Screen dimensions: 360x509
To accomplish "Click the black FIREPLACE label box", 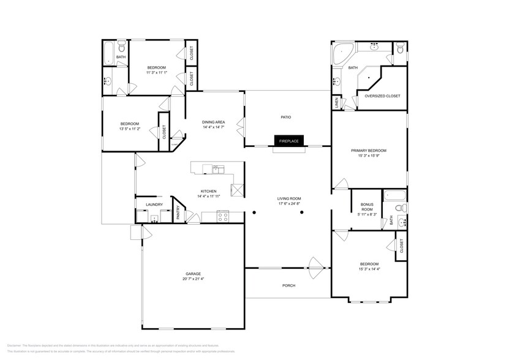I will click(x=289, y=141).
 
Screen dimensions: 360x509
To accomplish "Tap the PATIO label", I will click(x=285, y=117).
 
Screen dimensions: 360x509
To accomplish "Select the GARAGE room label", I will click(x=194, y=274).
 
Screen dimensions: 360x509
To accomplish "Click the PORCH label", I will click(x=288, y=285).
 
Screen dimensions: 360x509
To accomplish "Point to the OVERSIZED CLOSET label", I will click(x=382, y=96).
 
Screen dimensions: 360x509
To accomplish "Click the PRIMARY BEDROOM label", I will click(x=369, y=151).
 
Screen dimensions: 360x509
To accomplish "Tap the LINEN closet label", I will click(x=337, y=105).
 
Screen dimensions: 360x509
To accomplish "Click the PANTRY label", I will click(x=178, y=212).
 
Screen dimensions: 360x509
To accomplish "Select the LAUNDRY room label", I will click(x=153, y=204).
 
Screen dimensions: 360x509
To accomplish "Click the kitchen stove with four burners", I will click(x=223, y=215).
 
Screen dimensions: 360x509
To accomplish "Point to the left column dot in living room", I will click(x=254, y=213).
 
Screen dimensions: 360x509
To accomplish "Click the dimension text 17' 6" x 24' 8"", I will click(x=289, y=203).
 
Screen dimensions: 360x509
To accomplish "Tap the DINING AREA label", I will click(x=214, y=122).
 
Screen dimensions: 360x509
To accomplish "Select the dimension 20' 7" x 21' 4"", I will click(x=194, y=279).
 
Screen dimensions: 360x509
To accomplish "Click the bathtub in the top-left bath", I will click(x=109, y=53).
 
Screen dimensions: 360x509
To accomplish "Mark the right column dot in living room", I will click(x=302, y=213).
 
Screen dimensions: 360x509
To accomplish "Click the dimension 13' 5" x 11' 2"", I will click(x=129, y=129).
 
